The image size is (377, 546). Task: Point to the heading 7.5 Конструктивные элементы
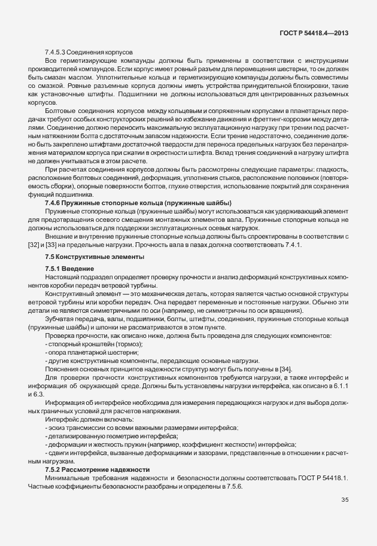tap(94, 257)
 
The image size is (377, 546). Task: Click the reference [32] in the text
tap(34, 245)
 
